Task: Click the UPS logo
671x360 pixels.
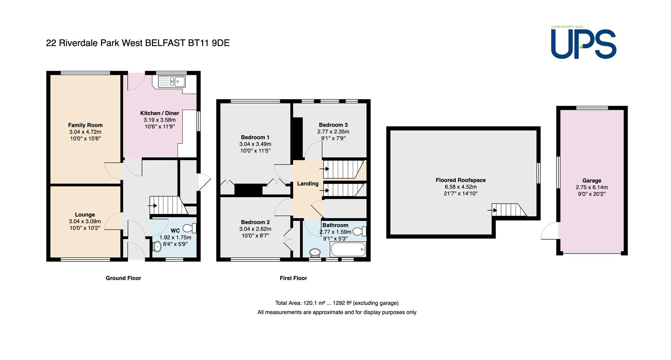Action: coord(584,42)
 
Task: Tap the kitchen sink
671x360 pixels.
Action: coord(172,82)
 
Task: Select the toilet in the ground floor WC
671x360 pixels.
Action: coord(190,229)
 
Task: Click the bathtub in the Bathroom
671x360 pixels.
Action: coord(348,250)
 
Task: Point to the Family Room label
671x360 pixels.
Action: coord(85,125)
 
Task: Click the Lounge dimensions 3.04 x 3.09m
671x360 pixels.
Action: coord(85,221)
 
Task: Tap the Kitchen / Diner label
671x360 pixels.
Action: coord(160,113)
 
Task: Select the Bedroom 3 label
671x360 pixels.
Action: coord(333,125)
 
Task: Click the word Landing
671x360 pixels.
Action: coord(308,183)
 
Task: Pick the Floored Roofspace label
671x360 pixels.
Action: coord(461,180)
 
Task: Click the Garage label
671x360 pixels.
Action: coord(592,180)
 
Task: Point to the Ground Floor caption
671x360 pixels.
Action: coord(123,278)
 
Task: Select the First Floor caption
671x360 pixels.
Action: coord(293,278)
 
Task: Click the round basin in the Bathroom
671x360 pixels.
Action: coord(315,252)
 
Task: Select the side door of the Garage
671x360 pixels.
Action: coord(550,231)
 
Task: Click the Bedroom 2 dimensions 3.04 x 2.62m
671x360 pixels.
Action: coord(255,229)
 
